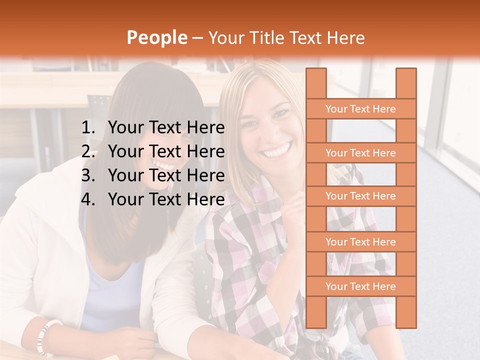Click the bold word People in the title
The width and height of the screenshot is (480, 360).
156,37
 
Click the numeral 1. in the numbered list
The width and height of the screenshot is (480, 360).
87,128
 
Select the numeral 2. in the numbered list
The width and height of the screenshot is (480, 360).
87,151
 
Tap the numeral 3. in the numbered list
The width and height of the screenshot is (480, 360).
87,175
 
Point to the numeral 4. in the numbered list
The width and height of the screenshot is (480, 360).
87,199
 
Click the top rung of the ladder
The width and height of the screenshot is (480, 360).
360,109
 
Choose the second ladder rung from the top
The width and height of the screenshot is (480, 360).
360,153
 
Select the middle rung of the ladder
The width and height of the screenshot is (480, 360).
360,196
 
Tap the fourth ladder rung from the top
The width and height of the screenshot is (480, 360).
360,242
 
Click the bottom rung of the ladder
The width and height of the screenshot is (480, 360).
360,286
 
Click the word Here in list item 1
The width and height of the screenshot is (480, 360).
205,128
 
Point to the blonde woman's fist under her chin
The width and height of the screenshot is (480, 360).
295,205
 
